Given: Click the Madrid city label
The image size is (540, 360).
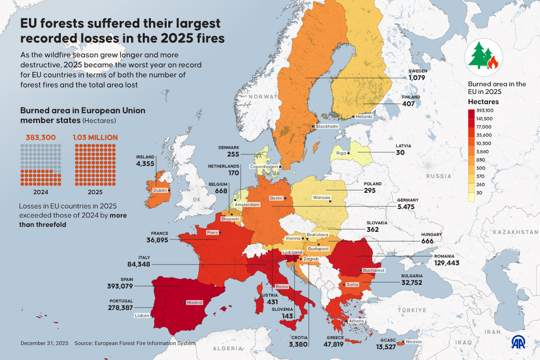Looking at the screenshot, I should (194, 303).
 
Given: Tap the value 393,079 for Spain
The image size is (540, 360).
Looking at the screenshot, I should (120, 286).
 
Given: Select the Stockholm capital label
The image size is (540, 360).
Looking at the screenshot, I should (327, 126).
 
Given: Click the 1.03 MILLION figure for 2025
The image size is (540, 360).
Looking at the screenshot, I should (95, 137).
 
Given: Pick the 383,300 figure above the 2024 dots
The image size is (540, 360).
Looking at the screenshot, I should (40, 137).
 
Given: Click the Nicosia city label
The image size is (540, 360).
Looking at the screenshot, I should (413, 342).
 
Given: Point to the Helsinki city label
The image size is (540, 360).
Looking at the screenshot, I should (364, 117).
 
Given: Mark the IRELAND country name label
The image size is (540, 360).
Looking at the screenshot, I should (145, 157).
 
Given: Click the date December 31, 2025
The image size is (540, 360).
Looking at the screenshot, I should (44, 343).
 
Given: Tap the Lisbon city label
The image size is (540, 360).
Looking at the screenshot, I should (142, 316).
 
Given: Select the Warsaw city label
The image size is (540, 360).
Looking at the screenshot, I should (321, 198).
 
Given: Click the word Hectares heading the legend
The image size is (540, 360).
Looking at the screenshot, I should (483, 102).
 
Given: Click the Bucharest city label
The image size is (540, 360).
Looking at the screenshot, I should (374, 270).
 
